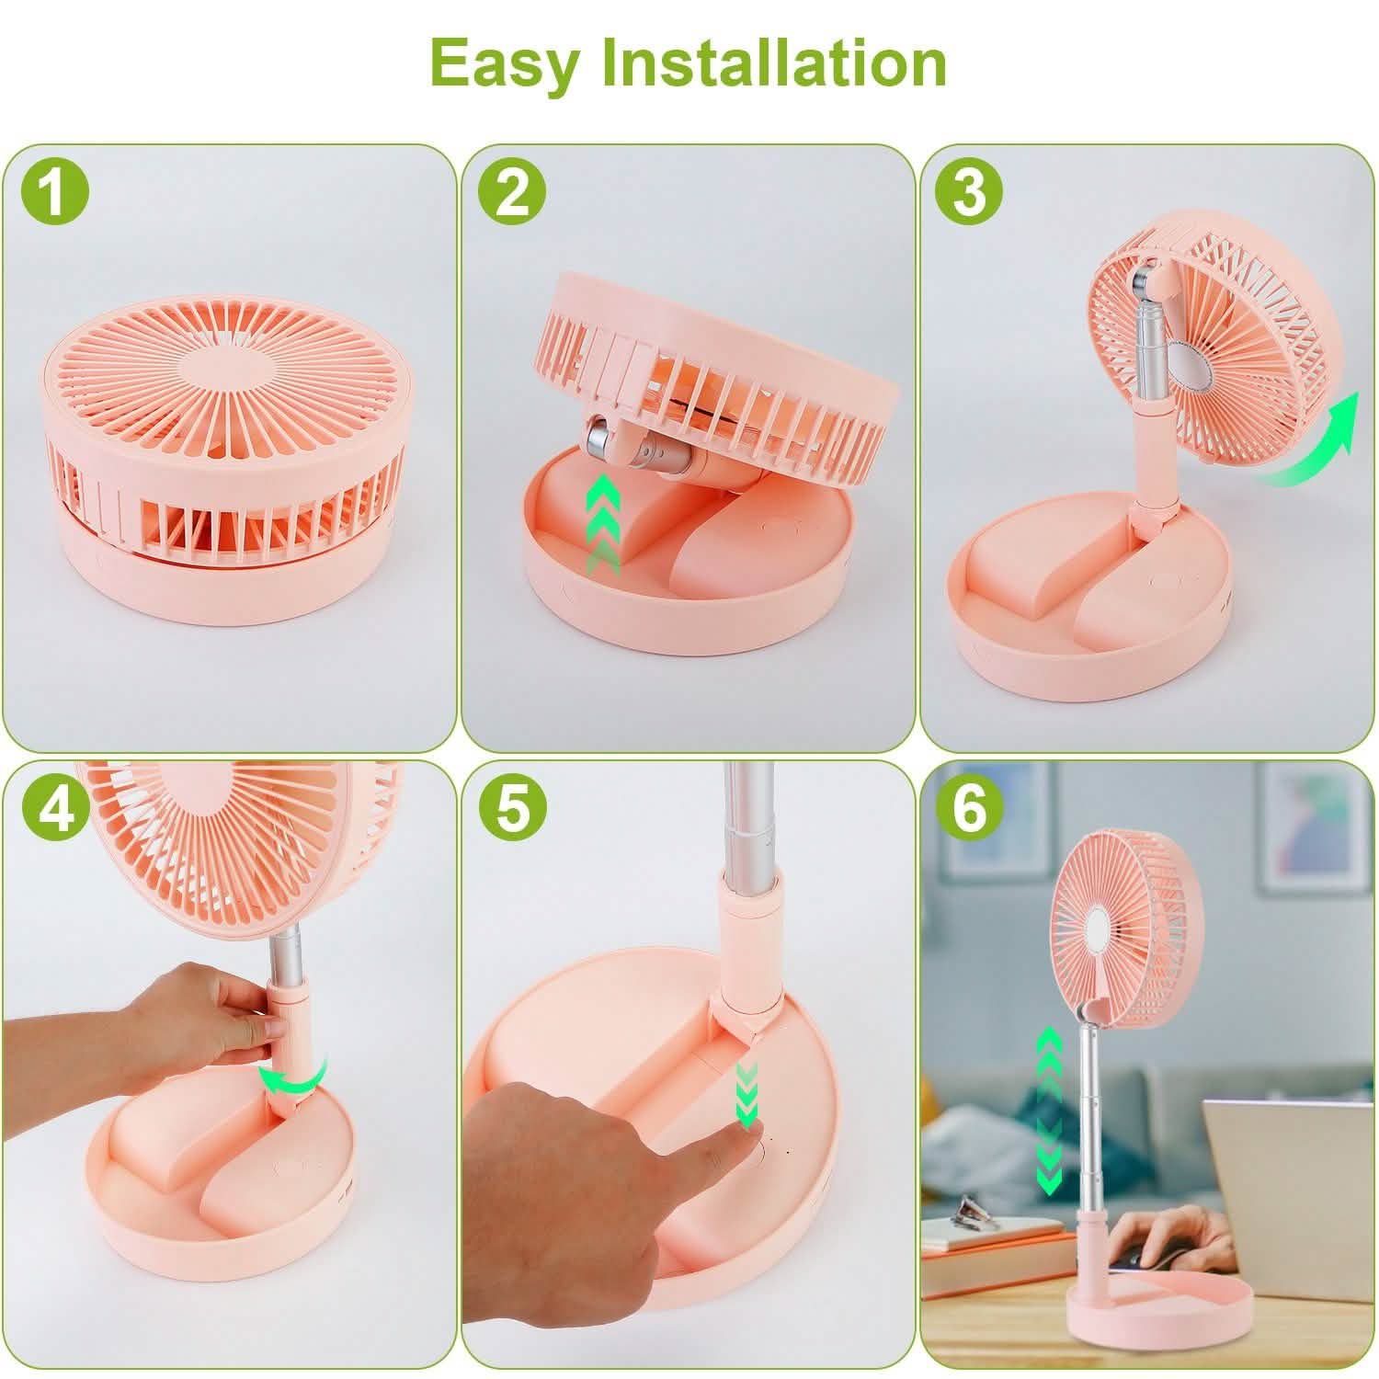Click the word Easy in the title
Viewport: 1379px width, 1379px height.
[x=505, y=64]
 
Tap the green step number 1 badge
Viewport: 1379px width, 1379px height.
[x=54, y=193]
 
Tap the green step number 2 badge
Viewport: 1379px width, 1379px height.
[x=512, y=193]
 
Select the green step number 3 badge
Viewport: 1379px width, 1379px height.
[x=970, y=193]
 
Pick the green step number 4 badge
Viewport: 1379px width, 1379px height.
[x=54, y=808]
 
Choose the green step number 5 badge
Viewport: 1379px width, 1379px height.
[x=512, y=808]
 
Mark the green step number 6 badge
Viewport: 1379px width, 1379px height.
[x=970, y=808]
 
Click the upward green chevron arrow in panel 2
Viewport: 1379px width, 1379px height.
[x=603, y=519]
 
